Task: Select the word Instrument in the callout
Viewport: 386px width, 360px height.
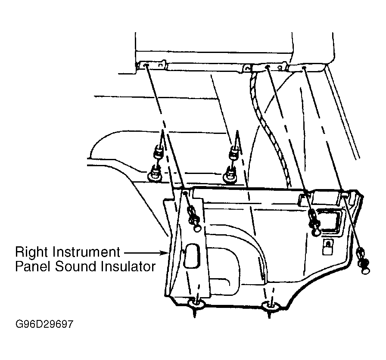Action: click(86, 251)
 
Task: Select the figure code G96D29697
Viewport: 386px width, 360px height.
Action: click(44, 324)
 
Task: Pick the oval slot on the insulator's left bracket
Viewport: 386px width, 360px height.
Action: click(192, 256)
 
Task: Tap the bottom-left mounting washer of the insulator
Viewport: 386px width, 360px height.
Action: click(196, 304)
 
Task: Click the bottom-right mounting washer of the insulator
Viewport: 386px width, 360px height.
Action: click(271, 305)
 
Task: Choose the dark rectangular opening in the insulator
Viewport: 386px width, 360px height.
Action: click(329, 221)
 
